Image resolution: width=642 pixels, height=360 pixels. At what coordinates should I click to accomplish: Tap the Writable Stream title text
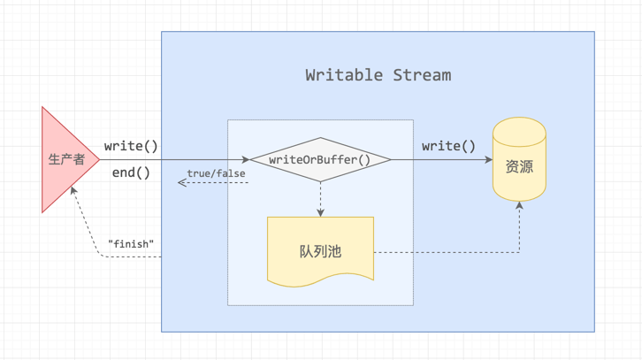tap(378, 75)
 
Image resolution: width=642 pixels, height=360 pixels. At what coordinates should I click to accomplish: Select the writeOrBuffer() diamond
tap(320, 160)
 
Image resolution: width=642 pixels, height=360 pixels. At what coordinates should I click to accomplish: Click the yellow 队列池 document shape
tap(320, 251)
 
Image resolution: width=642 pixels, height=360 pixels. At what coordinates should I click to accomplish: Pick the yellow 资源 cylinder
tap(519, 158)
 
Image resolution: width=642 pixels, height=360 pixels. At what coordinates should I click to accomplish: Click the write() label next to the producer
tap(131, 146)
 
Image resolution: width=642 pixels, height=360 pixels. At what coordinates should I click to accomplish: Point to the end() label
tap(131, 172)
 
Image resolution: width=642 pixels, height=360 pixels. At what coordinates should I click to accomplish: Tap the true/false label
tap(216, 173)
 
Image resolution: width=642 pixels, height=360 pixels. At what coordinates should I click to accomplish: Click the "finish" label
tap(131, 243)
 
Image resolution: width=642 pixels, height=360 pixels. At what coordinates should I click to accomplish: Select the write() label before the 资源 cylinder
tap(448, 146)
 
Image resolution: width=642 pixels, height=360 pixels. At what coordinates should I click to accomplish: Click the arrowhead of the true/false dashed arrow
tap(182, 182)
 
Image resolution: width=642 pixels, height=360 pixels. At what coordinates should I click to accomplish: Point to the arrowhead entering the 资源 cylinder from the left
tap(488, 160)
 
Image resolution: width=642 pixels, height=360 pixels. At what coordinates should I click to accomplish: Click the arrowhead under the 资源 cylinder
tap(519, 205)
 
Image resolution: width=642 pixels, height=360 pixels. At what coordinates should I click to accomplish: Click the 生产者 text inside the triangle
tap(65, 160)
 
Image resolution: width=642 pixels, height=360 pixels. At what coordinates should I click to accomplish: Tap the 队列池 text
tap(320, 251)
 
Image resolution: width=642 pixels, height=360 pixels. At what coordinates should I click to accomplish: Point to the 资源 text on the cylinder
tap(519, 166)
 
